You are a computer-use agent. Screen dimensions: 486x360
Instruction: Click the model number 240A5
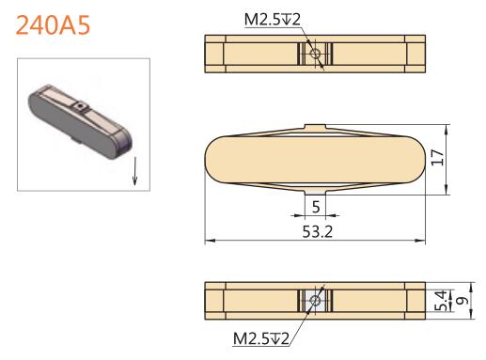click(x=53, y=25)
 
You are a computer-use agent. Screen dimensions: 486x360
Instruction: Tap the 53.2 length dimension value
click(x=317, y=232)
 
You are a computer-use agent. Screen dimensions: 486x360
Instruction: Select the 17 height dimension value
click(x=438, y=158)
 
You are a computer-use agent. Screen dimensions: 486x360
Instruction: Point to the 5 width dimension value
click(x=316, y=207)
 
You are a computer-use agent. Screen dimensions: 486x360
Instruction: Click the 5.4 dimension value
click(x=440, y=301)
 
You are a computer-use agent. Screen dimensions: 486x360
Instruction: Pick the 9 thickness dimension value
click(x=462, y=301)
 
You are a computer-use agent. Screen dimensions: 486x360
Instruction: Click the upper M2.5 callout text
click(x=273, y=20)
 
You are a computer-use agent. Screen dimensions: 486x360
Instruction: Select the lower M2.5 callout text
click(x=260, y=338)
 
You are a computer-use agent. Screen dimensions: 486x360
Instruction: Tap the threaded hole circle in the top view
click(x=315, y=54)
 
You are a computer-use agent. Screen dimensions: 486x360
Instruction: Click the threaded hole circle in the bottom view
click(x=315, y=301)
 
